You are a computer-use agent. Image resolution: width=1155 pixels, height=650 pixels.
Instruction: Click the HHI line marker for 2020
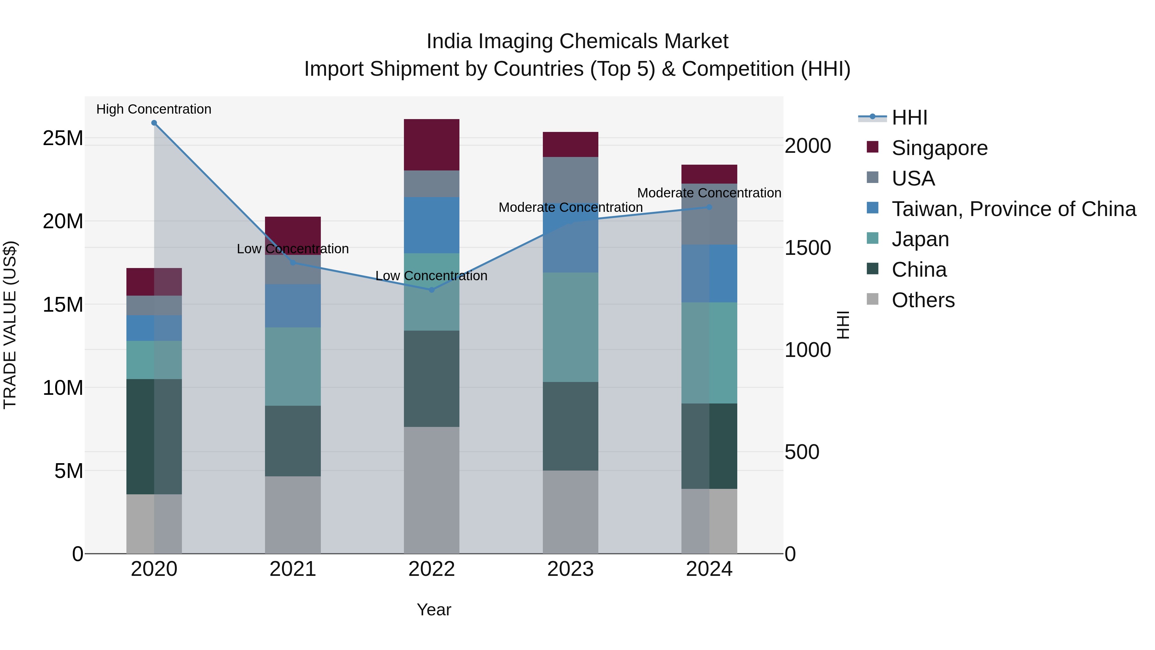click(x=154, y=123)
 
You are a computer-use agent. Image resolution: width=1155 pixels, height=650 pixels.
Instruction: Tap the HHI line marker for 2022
click(x=431, y=290)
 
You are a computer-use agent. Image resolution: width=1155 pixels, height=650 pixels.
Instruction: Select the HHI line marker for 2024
click(x=709, y=207)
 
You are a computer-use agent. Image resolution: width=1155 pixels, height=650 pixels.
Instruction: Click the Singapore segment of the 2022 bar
click(x=431, y=144)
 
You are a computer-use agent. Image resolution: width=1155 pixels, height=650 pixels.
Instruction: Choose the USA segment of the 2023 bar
click(x=570, y=179)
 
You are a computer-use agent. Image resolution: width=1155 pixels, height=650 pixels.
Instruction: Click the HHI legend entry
click(x=909, y=117)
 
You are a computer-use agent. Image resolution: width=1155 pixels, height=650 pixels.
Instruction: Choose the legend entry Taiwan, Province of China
click(x=1013, y=209)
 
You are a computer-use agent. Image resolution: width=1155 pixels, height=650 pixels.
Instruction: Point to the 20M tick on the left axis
click(x=63, y=221)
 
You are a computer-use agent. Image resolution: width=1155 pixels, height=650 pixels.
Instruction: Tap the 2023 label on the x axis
click(x=570, y=569)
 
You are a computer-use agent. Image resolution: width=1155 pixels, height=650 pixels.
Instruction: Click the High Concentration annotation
click(x=154, y=109)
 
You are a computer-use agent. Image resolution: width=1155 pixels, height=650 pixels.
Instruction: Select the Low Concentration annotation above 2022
click(x=431, y=275)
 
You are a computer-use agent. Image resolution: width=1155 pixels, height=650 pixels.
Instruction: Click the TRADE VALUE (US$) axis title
click(x=10, y=325)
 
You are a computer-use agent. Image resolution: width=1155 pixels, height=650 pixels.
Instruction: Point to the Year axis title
click(x=433, y=610)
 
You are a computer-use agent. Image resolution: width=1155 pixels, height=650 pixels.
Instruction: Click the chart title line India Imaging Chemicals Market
click(x=577, y=41)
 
